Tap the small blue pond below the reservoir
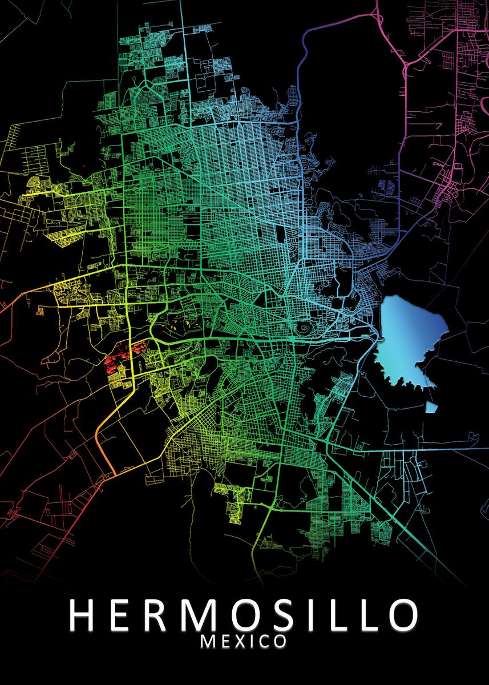click(x=431, y=407)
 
